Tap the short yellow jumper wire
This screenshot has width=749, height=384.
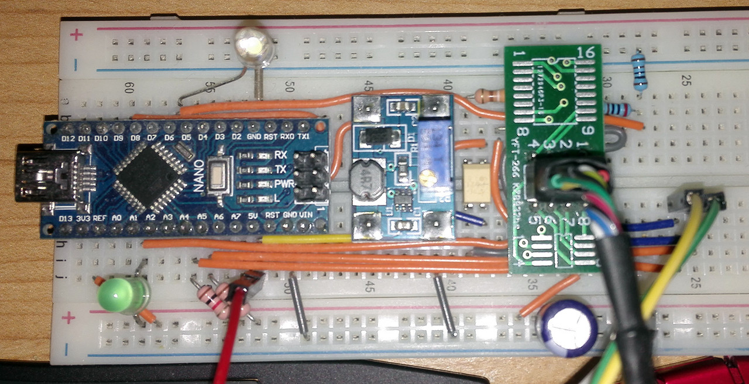[306, 238]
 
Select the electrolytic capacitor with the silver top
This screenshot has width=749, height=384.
[568, 328]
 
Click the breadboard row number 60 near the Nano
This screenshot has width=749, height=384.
[130, 88]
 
